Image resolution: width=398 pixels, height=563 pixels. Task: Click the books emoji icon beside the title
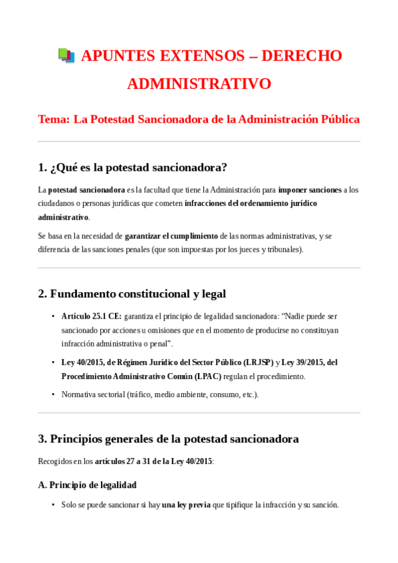tap(66, 56)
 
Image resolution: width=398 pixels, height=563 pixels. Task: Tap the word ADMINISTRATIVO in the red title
tap(199, 84)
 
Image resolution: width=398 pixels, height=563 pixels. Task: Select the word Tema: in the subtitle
tap(53, 120)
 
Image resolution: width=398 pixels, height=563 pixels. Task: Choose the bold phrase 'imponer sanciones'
tap(310, 190)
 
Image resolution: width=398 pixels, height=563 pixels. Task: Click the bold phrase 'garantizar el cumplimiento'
tap(171, 236)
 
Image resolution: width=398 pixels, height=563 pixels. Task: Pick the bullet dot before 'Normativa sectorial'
tap(53, 394)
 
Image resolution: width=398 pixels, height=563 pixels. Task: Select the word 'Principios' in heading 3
tap(81, 439)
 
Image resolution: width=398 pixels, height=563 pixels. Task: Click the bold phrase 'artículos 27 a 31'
tap(124, 461)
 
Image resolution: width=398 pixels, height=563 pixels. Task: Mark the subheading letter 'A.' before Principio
tap(43, 485)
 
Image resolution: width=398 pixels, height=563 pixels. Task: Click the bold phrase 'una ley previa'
tap(186, 505)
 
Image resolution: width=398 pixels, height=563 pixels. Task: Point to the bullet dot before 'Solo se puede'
tap(53, 505)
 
